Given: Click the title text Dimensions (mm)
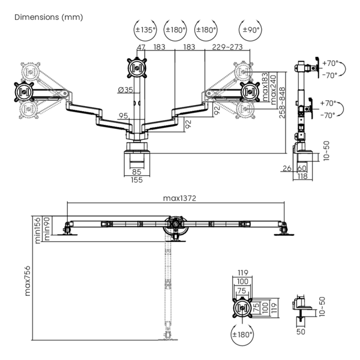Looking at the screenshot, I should click(x=49, y=17).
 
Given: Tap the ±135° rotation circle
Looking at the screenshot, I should click(x=145, y=29).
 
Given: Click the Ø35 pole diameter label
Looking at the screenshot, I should click(x=126, y=90).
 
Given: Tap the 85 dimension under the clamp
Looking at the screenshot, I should click(x=137, y=172).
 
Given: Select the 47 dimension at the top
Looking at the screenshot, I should click(x=141, y=47).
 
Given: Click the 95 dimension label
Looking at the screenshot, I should click(x=123, y=116).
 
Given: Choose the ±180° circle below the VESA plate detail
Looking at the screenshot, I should click(x=242, y=335).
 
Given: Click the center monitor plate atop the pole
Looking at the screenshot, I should click(x=137, y=67).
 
